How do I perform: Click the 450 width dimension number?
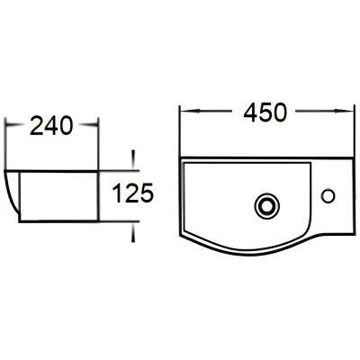pos(265,112)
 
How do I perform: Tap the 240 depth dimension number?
pos(51,125)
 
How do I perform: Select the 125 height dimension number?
pos(133,193)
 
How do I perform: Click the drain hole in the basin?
pos(267,206)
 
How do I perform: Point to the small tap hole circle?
pos(328,196)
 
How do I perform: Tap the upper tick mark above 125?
pos(133,159)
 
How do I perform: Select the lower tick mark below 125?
pos(133,233)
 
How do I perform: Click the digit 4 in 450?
pos(250,112)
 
